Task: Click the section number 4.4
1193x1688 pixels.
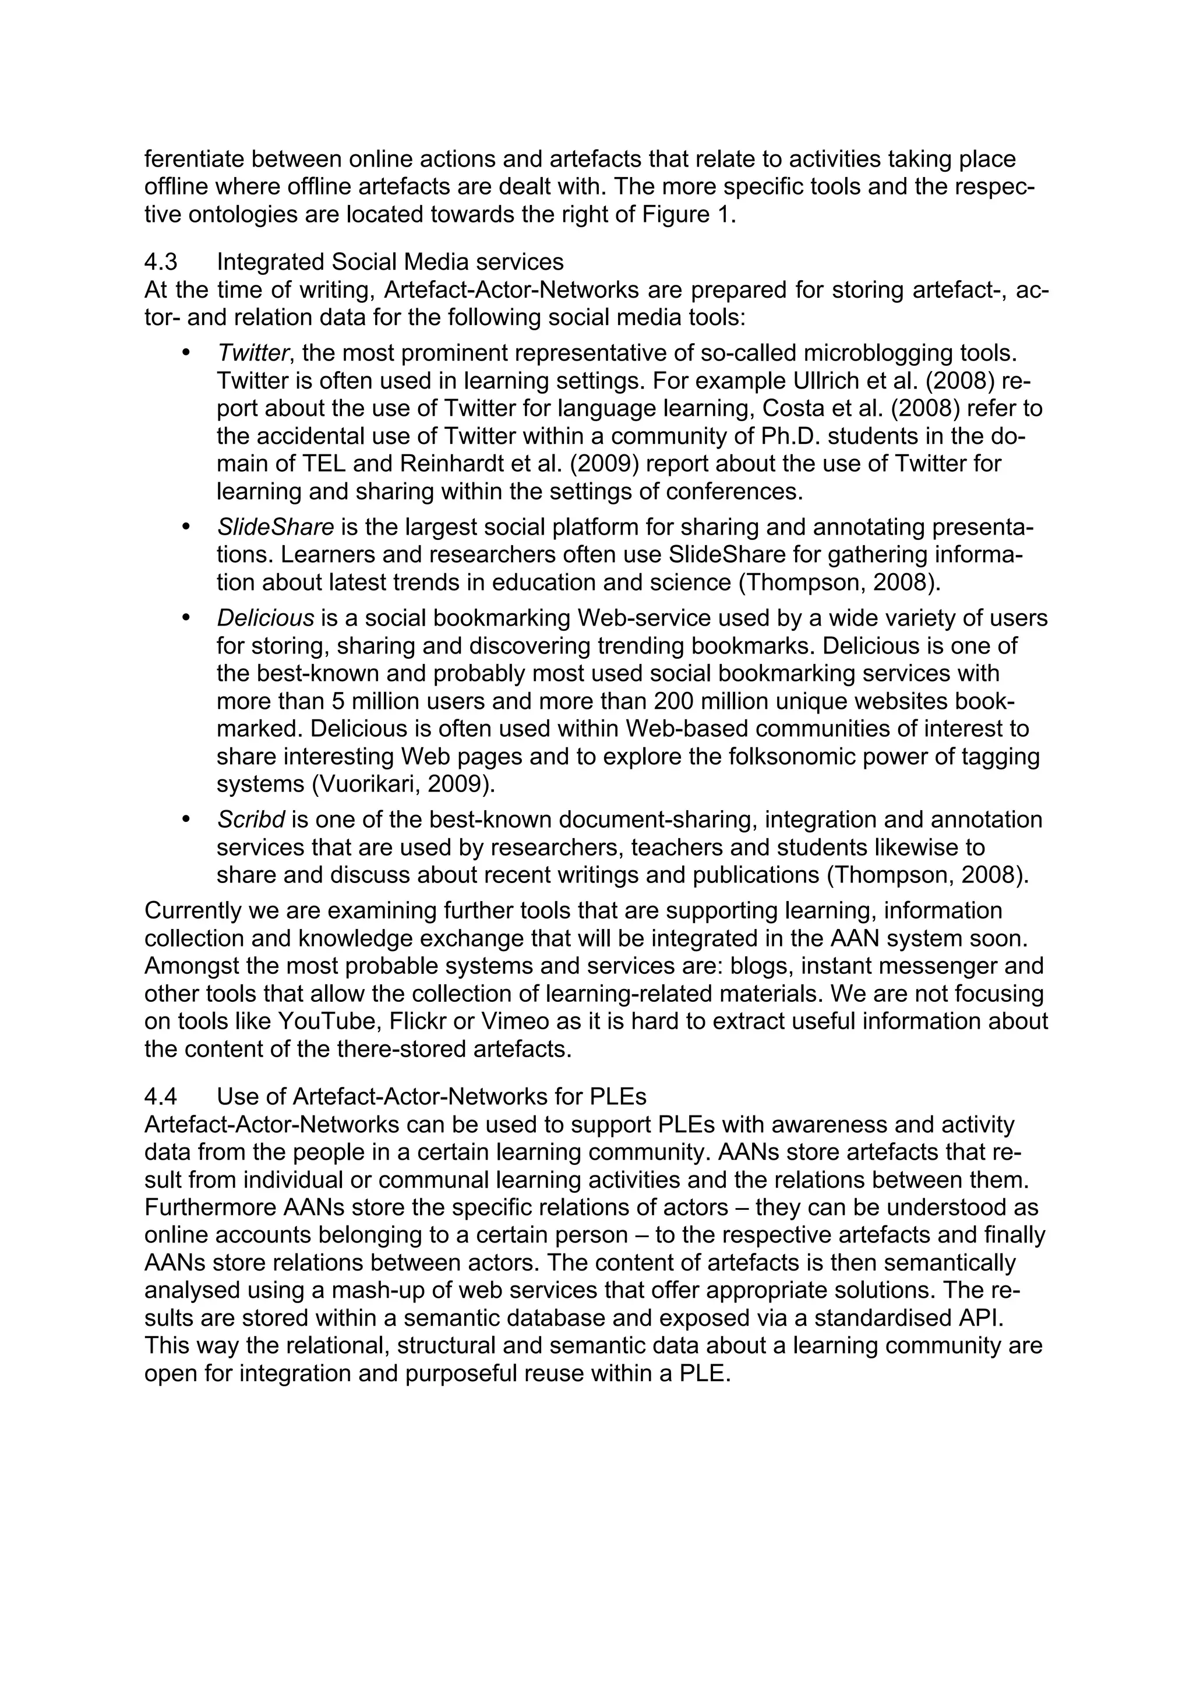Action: tap(160, 1097)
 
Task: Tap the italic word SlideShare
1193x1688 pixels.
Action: tap(276, 527)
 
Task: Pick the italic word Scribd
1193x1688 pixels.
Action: tap(250, 820)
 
